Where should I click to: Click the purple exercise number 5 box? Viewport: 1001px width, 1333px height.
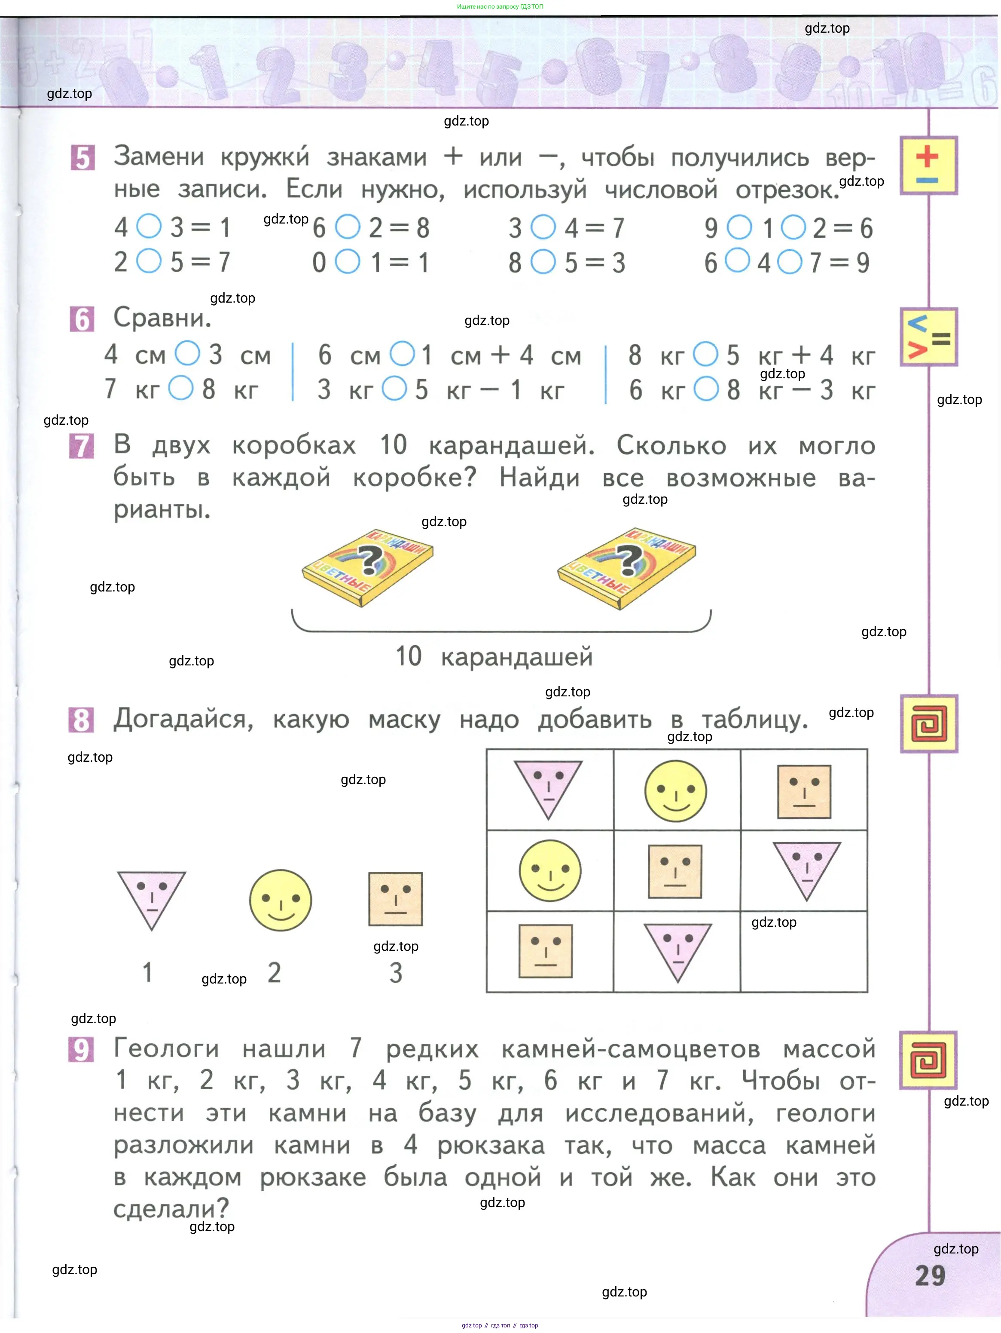(x=82, y=158)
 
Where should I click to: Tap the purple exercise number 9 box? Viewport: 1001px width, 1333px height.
(x=81, y=1049)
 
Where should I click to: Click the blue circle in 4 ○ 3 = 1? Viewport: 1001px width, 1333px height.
(x=149, y=227)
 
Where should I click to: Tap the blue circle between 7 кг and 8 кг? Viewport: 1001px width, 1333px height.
(x=181, y=388)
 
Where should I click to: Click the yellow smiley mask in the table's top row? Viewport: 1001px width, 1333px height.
(x=675, y=791)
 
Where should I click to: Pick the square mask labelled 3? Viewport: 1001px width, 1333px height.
(x=396, y=898)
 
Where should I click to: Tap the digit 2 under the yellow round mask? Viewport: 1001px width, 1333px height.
(x=275, y=972)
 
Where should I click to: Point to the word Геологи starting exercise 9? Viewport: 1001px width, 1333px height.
(x=166, y=1048)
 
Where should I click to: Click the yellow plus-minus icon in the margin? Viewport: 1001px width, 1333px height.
(x=928, y=165)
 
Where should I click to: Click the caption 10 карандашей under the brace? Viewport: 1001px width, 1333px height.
(x=494, y=656)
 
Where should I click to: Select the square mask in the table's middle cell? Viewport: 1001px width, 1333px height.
(x=675, y=871)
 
